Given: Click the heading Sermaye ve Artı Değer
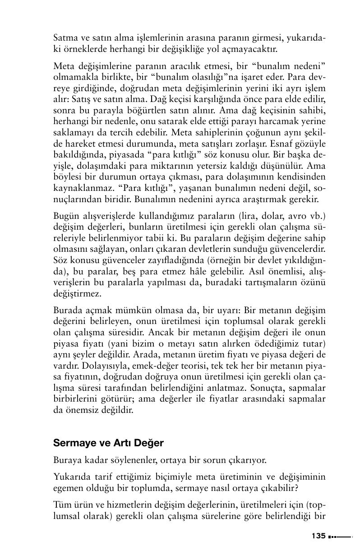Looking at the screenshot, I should (x=108, y=443).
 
